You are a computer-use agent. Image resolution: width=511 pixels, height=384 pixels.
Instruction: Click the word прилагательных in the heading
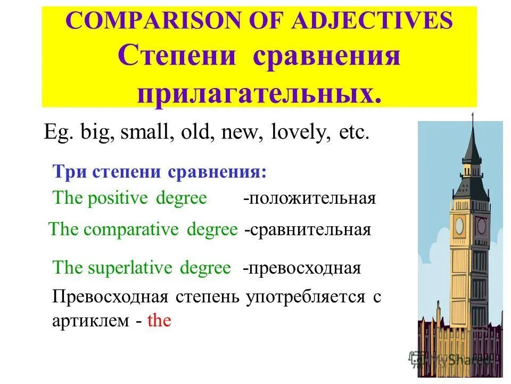(259, 94)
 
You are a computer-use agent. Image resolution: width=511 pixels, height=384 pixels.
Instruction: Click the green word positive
(116, 198)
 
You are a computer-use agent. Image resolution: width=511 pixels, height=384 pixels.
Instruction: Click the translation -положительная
(309, 199)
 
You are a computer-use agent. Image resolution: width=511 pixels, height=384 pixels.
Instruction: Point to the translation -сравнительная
(307, 230)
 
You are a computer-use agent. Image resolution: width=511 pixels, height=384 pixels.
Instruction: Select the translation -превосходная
(301, 268)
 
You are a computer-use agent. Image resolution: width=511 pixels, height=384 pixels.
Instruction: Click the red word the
(159, 321)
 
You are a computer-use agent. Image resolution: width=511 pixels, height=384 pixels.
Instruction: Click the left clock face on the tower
(459, 226)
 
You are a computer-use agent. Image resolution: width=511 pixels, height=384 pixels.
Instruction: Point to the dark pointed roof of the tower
(472, 144)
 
